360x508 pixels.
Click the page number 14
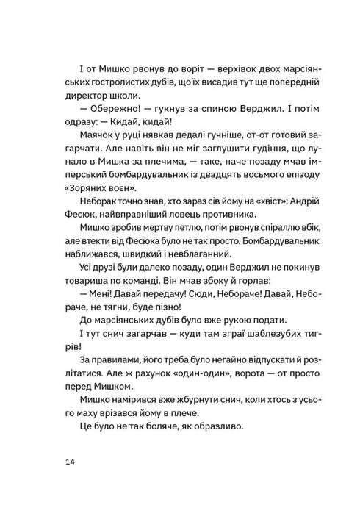[69, 462]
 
